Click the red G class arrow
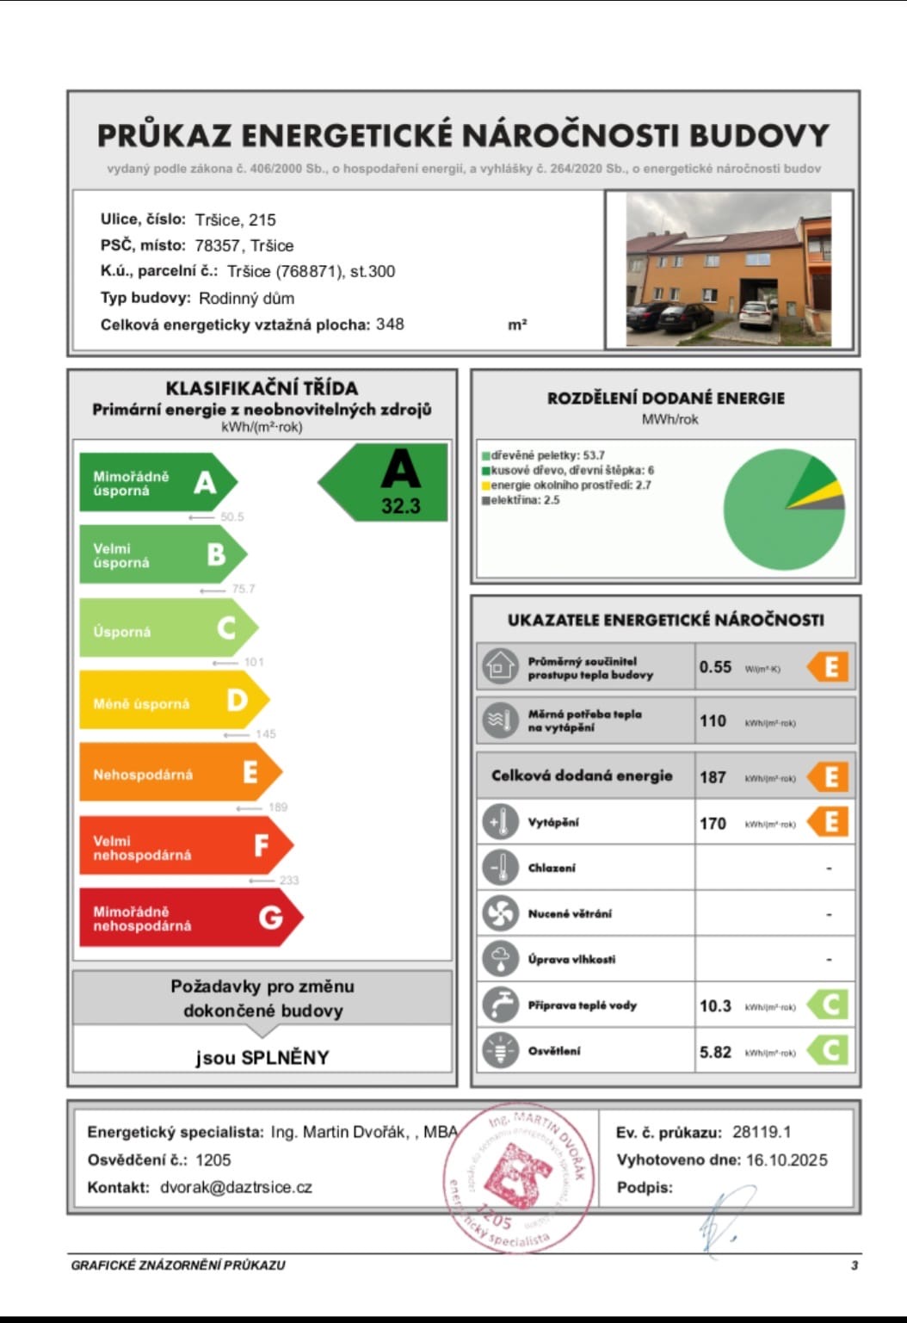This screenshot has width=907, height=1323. click(189, 918)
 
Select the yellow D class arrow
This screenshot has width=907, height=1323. click(172, 702)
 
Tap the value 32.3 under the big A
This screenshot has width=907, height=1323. click(400, 506)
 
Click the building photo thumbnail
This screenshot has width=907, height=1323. click(728, 269)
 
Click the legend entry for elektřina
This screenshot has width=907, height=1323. click(521, 500)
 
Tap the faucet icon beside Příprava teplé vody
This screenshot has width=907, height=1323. click(500, 1005)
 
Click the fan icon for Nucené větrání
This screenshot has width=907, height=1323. click(500, 913)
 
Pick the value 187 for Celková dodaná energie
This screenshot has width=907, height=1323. click(713, 777)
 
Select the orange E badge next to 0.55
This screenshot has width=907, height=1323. click(829, 667)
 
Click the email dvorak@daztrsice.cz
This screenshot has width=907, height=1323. click(236, 1188)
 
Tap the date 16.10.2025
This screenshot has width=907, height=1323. click(787, 1160)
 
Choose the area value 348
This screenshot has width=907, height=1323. click(390, 325)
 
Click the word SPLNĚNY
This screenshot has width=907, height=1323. click(285, 1058)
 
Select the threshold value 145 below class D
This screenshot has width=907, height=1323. click(265, 734)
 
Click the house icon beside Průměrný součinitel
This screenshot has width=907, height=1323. click(500, 667)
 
